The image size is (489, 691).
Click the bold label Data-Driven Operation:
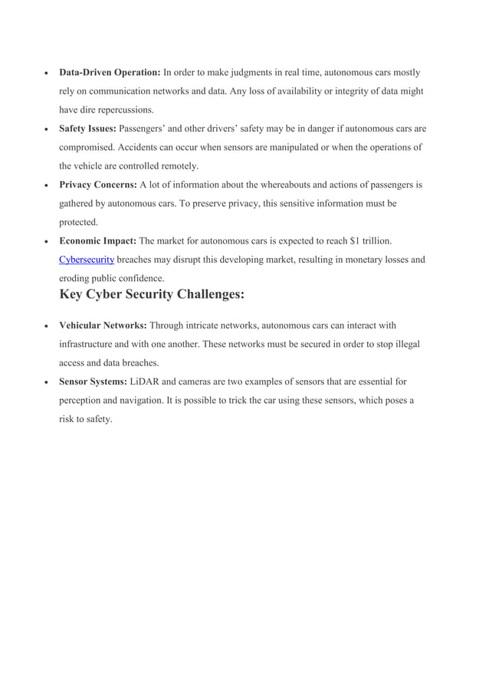[110, 73]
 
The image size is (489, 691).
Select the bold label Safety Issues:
[88, 129]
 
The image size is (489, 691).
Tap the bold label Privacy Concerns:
[98, 185]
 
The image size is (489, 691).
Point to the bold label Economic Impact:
[98, 241]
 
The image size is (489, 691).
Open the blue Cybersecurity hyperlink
[87, 260]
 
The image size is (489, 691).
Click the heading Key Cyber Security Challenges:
[152, 294]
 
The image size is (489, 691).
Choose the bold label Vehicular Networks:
[103, 326]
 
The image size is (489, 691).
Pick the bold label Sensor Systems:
[94, 382]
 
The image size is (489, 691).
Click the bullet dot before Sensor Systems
[48, 382]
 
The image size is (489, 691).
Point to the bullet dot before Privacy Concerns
[48, 185]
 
